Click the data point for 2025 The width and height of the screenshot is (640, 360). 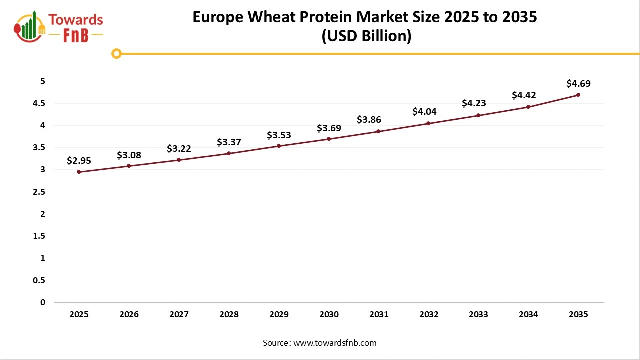[79, 172]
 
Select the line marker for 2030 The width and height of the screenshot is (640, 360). [329, 139]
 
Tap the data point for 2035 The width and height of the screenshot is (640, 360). [578, 95]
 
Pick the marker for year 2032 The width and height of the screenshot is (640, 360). [429, 123]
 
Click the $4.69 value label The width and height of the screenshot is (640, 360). [578, 83]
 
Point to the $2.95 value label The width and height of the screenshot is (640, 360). [79, 160]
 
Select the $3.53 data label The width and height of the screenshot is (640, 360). [279, 135]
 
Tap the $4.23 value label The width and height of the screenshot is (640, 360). [474, 103]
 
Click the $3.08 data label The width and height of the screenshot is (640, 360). [129, 155]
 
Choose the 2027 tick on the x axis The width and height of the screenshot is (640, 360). [179, 314]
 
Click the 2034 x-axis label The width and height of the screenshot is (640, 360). [528, 314]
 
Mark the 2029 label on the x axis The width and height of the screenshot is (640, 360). [279, 314]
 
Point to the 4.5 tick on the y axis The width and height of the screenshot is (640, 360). [39, 103]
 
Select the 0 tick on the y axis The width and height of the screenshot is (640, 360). [43, 302]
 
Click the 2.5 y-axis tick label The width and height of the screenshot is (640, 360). [39, 192]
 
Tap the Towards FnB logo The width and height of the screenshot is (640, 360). [59, 26]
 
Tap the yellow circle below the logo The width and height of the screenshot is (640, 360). [116, 53]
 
